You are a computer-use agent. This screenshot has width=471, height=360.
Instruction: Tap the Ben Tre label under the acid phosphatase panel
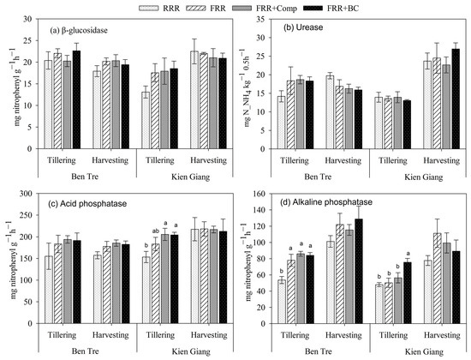[x=84, y=354]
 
